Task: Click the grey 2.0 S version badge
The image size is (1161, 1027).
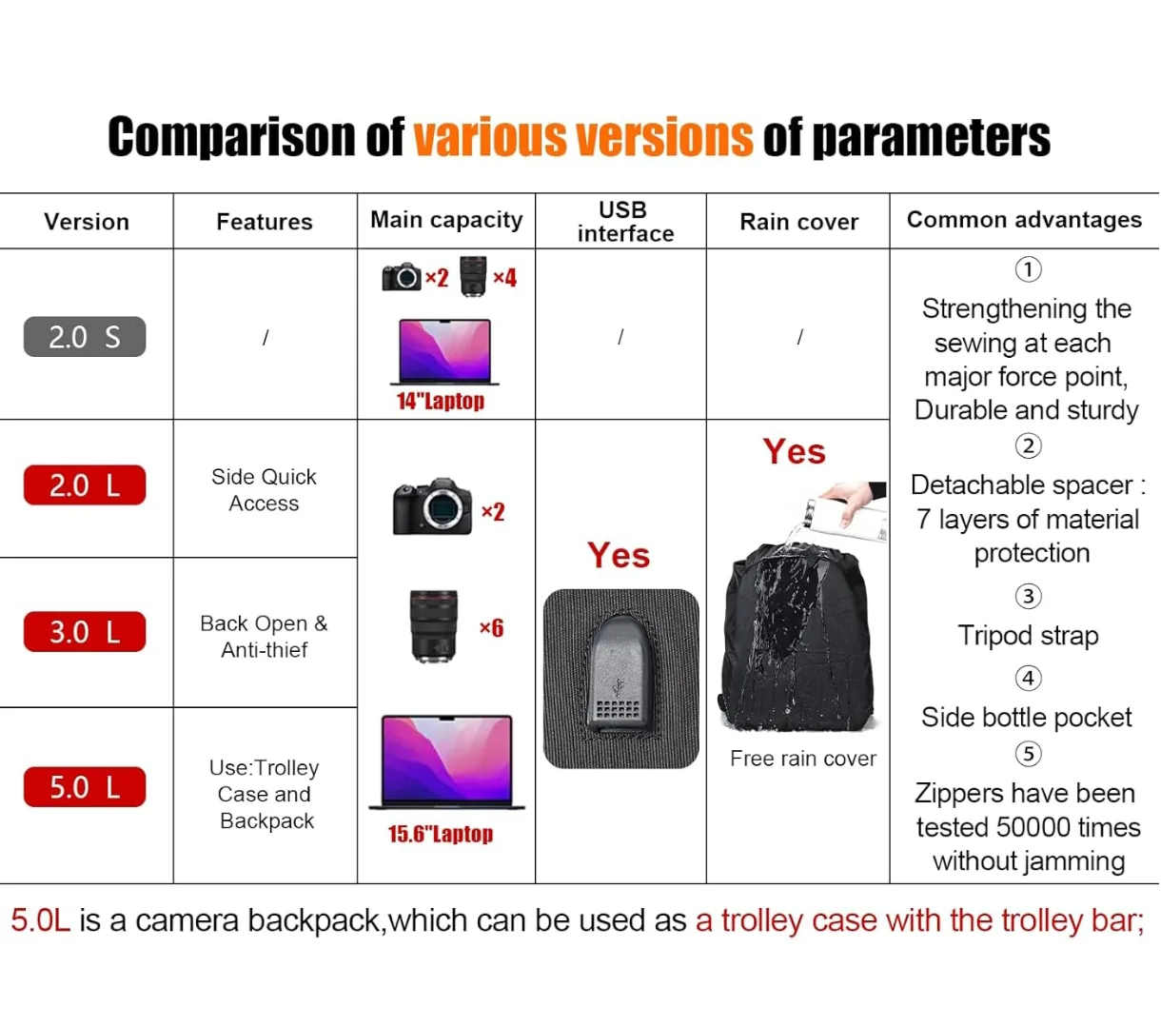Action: (x=85, y=337)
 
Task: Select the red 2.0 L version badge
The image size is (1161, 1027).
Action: (x=85, y=485)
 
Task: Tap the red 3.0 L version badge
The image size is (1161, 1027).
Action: (x=85, y=632)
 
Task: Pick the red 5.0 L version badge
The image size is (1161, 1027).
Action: (x=85, y=787)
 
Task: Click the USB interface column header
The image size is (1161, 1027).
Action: (x=624, y=222)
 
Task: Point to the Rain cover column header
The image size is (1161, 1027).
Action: (x=798, y=222)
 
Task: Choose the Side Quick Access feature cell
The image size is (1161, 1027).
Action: (x=264, y=490)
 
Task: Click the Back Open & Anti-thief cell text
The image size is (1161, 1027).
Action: (x=264, y=637)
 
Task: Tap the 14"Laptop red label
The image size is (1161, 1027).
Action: (x=440, y=402)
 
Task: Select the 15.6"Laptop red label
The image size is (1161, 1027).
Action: (x=440, y=835)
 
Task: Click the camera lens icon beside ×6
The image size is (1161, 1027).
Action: (x=434, y=625)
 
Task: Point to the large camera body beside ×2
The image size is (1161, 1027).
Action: (x=433, y=505)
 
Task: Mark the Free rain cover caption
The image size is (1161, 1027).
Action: (x=803, y=759)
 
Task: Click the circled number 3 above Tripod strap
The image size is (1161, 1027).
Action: (x=1028, y=597)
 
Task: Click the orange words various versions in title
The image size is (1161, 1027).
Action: (x=582, y=137)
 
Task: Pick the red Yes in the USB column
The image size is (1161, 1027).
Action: (x=619, y=555)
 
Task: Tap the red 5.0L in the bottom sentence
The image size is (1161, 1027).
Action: (x=41, y=920)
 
